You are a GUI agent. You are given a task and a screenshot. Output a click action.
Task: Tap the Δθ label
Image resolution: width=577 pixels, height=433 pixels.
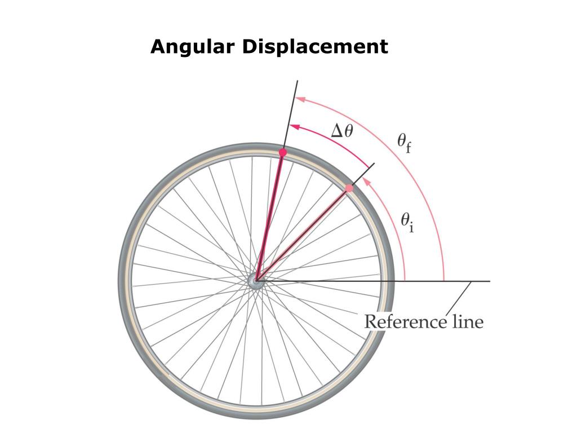pyautogui.click(x=342, y=131)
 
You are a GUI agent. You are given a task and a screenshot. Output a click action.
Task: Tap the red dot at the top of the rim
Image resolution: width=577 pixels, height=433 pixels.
pyautogui.click(x=283, y=152)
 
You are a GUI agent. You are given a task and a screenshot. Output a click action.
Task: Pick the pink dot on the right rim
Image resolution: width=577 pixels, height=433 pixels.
pyautogui.click(x=349, y=188)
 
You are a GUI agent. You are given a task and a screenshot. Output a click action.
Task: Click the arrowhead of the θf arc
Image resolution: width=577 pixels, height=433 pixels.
pyautogui.click(x=300, y=99)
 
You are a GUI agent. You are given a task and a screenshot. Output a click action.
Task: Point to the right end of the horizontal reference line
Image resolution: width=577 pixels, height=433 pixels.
pyautogui.click(x=489, y=281)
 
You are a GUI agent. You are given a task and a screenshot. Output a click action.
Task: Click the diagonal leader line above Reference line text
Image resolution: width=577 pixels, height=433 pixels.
pyautogui.click(x=458, y=298)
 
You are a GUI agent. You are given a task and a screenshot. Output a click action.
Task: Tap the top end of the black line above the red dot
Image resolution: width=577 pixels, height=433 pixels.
pyautogui.click(x=296, y=82)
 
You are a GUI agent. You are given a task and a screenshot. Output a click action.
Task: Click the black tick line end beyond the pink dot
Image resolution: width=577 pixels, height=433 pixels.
pyautogui.click(x=373, y=164)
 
